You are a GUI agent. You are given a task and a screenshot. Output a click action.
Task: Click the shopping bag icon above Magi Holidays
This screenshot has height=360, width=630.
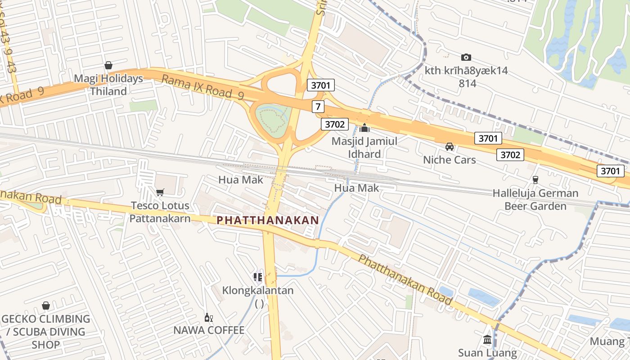108,65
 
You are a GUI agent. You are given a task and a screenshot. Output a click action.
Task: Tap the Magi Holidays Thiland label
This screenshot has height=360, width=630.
108,85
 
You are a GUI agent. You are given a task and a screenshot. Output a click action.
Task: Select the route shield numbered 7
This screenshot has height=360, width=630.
318,107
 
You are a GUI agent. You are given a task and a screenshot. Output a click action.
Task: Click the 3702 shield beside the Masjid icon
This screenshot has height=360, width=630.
334,124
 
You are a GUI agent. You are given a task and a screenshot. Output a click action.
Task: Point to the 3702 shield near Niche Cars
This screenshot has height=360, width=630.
510,155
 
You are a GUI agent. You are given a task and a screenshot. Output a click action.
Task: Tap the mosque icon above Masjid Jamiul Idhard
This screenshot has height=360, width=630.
364,128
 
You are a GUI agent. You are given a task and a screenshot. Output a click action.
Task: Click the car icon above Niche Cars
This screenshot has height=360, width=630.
449,147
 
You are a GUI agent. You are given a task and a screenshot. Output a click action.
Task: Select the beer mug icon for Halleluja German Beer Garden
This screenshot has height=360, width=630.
535,180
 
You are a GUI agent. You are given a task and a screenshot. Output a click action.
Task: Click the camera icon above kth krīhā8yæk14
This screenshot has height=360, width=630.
466,57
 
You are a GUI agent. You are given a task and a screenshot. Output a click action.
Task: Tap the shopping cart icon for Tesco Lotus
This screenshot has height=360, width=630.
160,193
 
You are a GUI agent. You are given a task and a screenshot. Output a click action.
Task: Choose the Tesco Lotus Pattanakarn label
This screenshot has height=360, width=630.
160,212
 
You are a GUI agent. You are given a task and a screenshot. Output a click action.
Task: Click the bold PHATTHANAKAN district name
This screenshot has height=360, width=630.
268,220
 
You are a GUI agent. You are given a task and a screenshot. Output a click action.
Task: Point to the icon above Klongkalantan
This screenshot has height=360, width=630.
258,277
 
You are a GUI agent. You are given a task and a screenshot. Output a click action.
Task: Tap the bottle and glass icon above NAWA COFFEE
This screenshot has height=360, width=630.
209,317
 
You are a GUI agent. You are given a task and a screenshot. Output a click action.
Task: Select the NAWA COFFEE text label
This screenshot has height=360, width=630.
209,330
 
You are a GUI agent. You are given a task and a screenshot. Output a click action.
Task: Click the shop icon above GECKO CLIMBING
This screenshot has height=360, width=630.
45,306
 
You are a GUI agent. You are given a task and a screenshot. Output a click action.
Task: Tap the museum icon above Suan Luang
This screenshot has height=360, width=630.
487,339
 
